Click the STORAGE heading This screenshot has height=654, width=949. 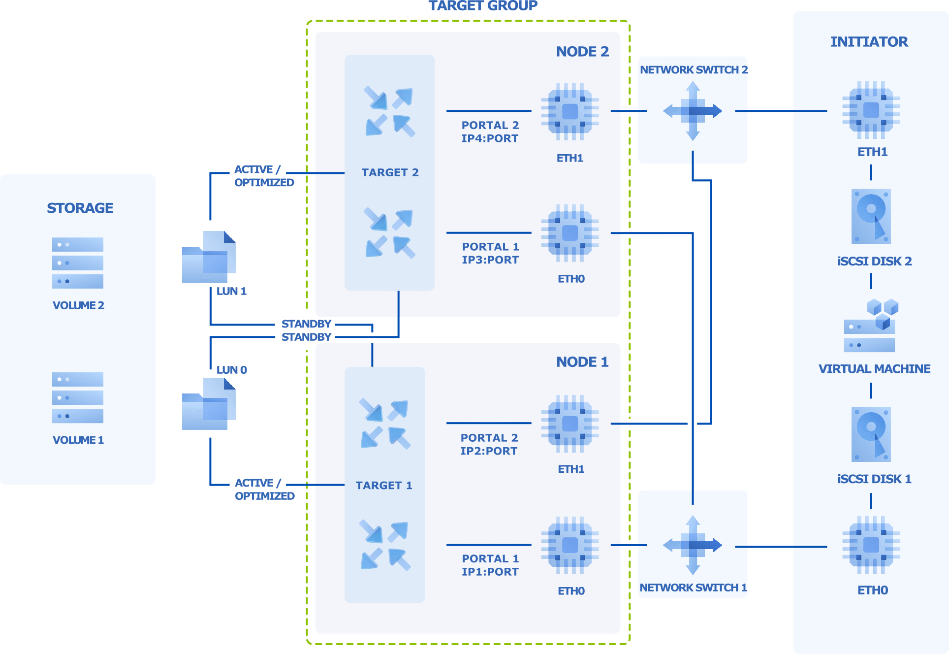80,208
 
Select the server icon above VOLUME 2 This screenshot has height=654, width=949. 78,262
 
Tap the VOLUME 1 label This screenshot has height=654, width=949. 78,440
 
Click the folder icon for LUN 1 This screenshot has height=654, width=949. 209,257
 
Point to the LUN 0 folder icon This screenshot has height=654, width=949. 209,404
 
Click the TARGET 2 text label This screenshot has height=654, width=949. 390,172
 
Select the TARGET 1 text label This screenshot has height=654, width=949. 384,485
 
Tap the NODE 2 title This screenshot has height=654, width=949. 582,52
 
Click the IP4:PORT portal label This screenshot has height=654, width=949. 490,138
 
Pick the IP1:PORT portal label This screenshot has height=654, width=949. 490,572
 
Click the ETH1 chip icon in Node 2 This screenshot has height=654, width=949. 570,111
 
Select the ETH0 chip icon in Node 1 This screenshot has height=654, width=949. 570,545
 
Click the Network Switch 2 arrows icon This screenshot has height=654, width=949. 693,111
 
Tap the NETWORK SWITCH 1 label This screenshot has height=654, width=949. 693,588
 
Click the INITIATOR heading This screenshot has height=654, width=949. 869,42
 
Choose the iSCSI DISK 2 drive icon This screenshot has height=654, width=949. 871,216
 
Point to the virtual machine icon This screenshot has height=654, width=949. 871,326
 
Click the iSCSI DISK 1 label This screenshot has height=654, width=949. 874,479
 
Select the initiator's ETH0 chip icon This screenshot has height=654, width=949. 871,545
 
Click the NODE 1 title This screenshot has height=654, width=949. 582,362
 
